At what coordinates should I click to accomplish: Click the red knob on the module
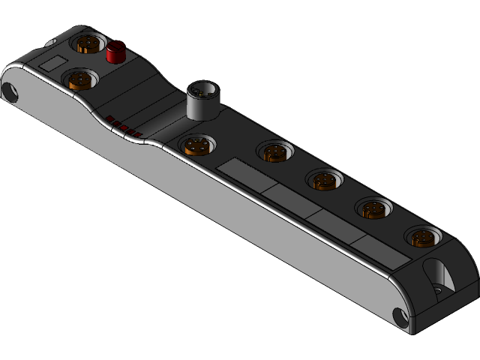click(x=115, y=52)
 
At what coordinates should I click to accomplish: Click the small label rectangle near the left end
click(x=52, y=63)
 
